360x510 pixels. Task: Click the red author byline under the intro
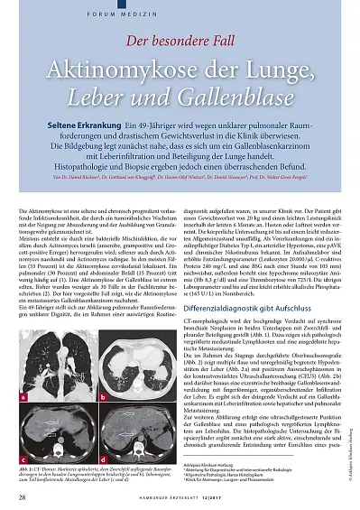tap(180, 180)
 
